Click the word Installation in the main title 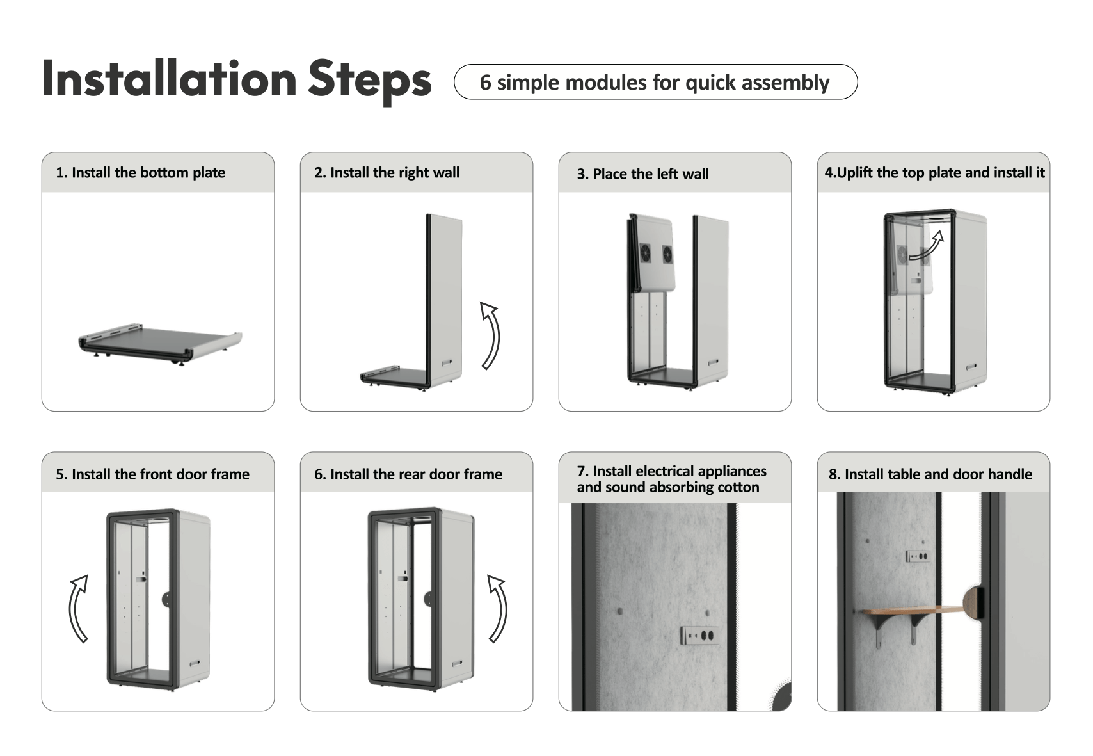[x=170, y=78]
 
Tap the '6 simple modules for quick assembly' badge [x=655, y=82]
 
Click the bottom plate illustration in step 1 [x=160, y=344]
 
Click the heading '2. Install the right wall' [x=387, y=173]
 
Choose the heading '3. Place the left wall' [x=642, y=173]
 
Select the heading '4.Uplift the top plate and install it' [x=934, y=173]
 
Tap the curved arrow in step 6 [x=499, y=609]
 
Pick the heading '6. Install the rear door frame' [x=408, y=474]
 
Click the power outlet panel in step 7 [x=700, y=635]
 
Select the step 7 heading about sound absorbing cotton [x=672, y=479]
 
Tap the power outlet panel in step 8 [x=918, y=556]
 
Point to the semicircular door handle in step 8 [x=973, y=603]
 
